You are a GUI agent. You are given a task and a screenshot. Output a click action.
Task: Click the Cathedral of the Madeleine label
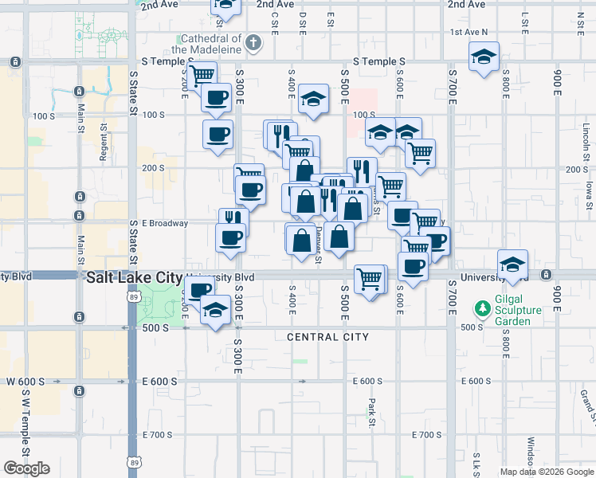[x=211, y=43]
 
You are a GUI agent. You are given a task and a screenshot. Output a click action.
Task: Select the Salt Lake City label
[x=133, y=276]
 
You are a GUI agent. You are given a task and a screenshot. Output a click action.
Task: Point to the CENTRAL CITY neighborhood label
[x=328, y=337]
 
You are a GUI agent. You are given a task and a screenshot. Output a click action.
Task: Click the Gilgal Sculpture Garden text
[x=519, y=310]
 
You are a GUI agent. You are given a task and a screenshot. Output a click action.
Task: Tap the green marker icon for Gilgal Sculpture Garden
[x=482, y=308]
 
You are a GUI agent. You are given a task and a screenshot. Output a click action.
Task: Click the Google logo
[x=26, y=468]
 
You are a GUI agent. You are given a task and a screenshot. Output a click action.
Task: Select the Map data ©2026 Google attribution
[x=546, y=472]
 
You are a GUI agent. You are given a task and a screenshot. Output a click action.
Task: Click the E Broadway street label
[x=165, y=223]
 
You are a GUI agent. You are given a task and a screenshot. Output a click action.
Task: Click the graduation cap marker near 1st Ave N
[x=483, y=57]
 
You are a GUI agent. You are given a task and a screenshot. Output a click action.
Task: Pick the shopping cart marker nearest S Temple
[x=202, y=75]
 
